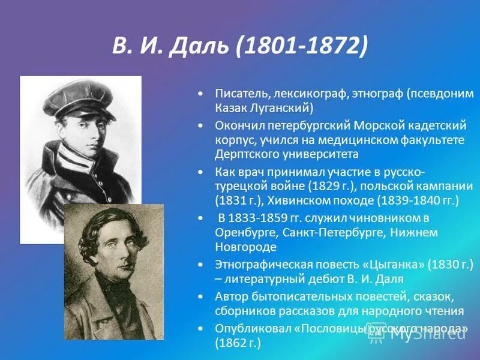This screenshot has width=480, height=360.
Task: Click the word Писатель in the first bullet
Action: [242, 94]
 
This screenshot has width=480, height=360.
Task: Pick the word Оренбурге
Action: [244, 232]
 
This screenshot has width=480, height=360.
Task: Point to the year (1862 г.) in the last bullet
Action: [238, 343]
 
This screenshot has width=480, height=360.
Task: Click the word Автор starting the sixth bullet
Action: [230, 297]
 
